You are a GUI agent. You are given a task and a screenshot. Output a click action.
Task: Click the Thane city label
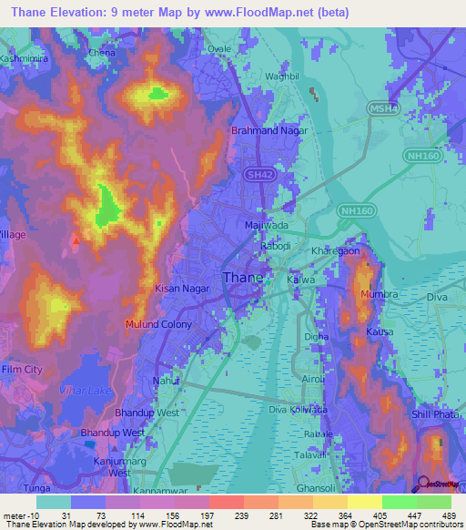pyautogui.click(x=243, y=279)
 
